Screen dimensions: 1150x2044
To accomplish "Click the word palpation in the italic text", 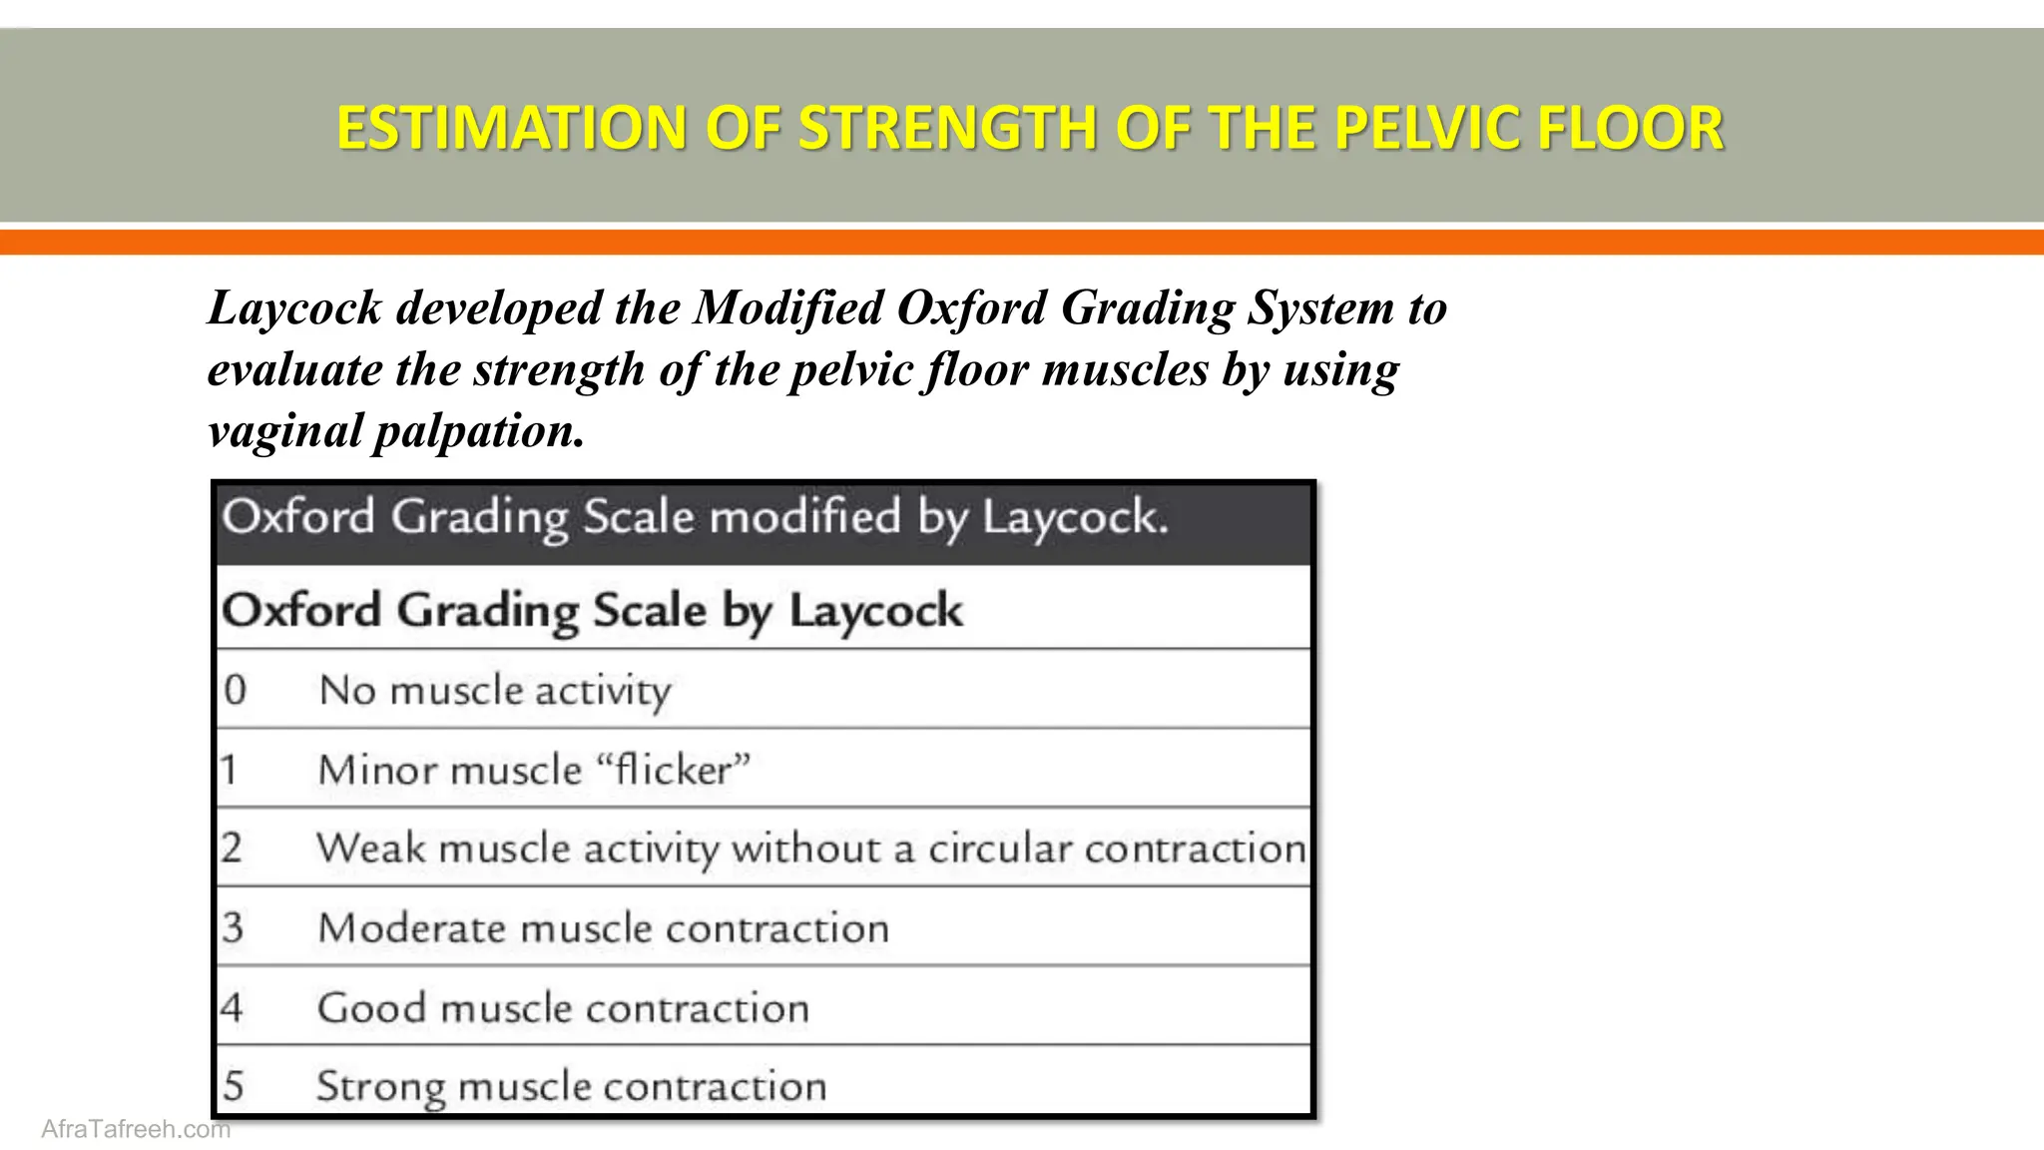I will click(477, 432).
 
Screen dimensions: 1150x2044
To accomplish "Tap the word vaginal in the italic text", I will click(285, 432).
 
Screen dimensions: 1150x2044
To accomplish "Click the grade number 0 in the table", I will click(235, 690).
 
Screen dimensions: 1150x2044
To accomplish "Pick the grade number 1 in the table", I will click(230, 770).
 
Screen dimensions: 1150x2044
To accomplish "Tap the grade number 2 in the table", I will click(232, 849).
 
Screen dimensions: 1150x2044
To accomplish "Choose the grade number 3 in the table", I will click(233, 927).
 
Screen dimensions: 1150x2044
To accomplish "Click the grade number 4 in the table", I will click(232, 1007).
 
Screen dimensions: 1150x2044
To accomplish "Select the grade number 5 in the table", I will click(233, 1086).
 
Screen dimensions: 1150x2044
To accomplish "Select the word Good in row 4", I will click(371, 1007).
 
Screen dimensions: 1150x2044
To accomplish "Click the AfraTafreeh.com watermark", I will click(136, 1129).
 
